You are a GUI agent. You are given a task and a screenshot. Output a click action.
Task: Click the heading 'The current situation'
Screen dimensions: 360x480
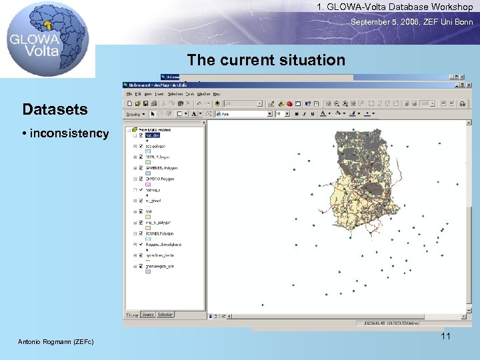click(266, 60)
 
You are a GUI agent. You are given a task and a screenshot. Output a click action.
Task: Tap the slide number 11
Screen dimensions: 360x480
click(445, 336)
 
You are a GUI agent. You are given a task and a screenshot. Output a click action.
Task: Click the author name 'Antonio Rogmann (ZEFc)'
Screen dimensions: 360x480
click(55, 342)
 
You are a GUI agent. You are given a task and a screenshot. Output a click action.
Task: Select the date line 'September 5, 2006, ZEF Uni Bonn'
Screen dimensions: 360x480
click(412, 22)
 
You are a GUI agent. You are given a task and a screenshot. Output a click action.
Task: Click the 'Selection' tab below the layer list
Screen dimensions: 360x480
click(165, 314)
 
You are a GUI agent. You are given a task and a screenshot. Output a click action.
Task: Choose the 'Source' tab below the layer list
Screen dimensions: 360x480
click(147, 314)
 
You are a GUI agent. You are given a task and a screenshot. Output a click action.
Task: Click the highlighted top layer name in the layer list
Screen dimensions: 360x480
click(153, 135)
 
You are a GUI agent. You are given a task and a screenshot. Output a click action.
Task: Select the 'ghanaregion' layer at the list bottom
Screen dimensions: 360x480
click(160, 266)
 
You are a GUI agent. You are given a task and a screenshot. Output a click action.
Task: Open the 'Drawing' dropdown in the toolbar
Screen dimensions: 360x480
click(136, 114)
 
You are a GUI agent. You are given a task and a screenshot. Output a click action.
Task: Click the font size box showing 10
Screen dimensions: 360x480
click(283, 114)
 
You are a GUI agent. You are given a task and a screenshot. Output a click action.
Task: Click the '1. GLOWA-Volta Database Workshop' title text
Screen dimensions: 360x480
click(395, 7)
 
